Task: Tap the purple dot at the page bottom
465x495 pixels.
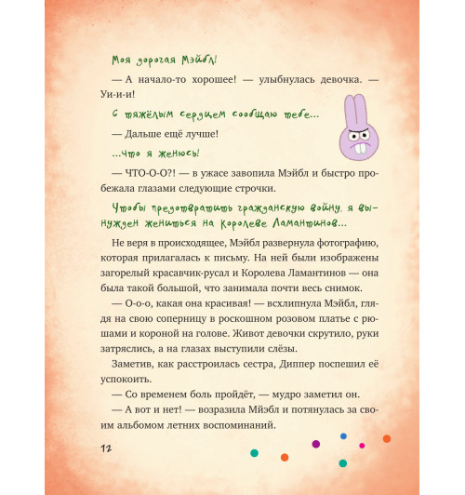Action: tap(315, 444)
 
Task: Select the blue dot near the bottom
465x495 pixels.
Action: tap(343, 435)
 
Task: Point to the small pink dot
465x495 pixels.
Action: tap(363, 446)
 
